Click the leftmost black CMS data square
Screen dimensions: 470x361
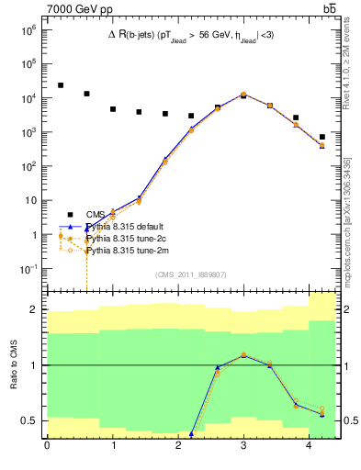click(61, 85)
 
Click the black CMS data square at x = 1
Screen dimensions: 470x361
click(113, 109)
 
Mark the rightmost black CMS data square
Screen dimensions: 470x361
click(322, 137)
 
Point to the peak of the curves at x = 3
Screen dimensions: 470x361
click(243, 94)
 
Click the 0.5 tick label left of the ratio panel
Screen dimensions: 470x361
click(32, 420)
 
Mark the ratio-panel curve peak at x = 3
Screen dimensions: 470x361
click(243, 355)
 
